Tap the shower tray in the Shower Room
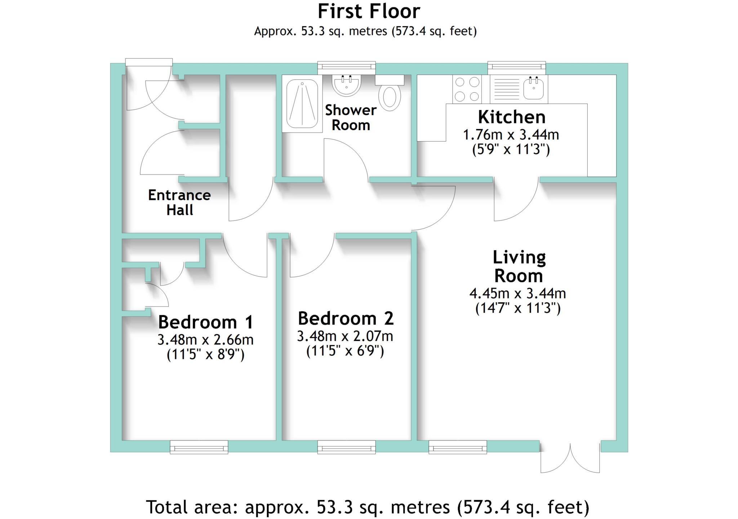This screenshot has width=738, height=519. point(302,103)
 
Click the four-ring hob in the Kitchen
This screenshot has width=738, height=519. point(467,89)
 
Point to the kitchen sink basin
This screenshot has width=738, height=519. point(534,88)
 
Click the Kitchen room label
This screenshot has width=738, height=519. point(511,117)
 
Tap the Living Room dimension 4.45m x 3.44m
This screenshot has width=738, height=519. point(517,294)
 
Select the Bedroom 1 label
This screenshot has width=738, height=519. point(206,322)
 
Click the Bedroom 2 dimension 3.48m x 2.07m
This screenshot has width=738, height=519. point(345,336)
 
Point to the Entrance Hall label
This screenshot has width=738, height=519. point(179,202)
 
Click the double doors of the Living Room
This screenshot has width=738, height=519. point(570,460)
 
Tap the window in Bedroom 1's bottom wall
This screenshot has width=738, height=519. point(199,447)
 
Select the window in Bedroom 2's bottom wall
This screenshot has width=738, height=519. point(346,447)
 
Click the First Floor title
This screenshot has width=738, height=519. point(369,12)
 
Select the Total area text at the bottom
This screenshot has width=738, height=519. point(368,507)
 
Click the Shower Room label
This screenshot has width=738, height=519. point(351,117)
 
